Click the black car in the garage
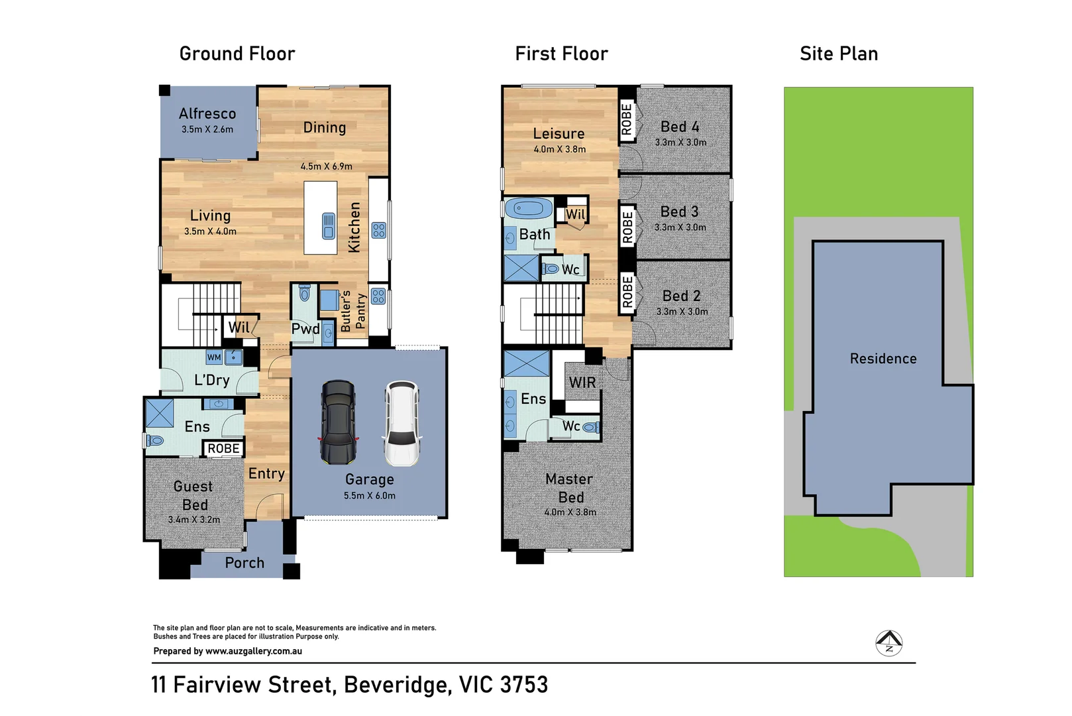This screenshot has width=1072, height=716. pos(339,422)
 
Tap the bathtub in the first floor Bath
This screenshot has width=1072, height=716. pos(528,209)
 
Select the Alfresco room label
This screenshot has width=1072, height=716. pos(207,113)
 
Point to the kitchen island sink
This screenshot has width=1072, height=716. pos(329,225)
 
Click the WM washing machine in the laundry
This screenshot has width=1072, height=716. pos(214,357)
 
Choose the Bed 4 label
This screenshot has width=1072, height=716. pos(680,127)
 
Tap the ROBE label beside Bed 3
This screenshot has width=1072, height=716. pos(627,227)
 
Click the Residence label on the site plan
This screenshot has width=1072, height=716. pos(883,358)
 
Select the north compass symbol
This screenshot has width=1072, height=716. pos(888,642)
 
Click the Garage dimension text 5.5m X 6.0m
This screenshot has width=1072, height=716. pos(370,496)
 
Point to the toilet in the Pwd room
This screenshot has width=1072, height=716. pos(304,292)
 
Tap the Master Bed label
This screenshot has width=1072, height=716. pos(570,488)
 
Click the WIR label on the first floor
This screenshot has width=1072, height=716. pos(582,382)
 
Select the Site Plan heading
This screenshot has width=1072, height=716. pos(839,54)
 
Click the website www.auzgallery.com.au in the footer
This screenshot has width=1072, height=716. pos(254,651)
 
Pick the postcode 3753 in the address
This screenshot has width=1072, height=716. pos(524,684)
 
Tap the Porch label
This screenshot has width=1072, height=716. pos(244,562)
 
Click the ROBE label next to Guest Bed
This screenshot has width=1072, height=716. pos(223,448)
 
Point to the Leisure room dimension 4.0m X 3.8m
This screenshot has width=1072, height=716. pos(559,149)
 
